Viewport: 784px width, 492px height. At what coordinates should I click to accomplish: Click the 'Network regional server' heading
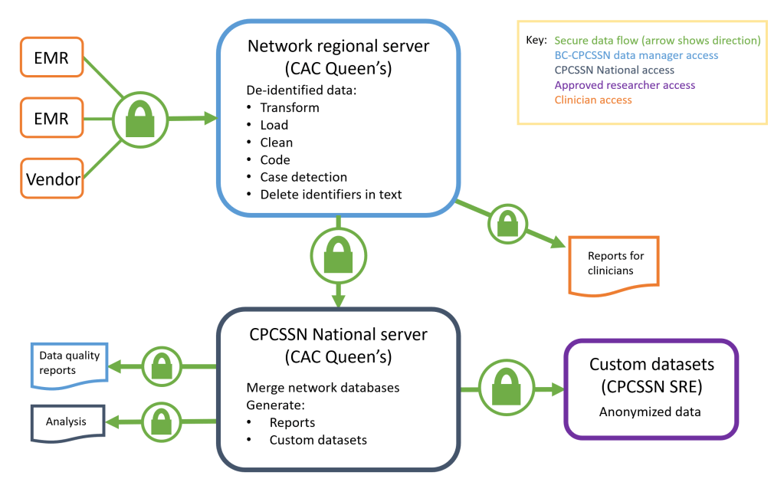click(338, 47)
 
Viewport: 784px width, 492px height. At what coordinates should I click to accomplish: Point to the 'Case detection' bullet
click(303, 177)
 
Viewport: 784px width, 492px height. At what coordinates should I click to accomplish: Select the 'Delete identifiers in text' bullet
click(330, 195)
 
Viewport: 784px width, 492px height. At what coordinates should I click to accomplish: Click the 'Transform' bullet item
click(290, 107)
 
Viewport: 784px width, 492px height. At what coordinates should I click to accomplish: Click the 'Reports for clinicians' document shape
click(615, 264)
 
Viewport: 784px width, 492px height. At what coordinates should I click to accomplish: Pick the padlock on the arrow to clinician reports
click(507, 223)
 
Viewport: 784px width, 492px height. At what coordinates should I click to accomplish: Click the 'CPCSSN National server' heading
click(338, 335)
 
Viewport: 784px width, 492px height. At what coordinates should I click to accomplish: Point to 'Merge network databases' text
click(323, 387)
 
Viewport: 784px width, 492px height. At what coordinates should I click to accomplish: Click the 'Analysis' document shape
click(67, 422)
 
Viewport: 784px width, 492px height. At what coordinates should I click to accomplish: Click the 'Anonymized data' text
click(650, 412)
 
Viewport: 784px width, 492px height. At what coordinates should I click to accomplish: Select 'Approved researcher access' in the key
click(625, 85)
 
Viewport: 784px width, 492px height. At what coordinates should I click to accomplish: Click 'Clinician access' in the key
click(593, 100)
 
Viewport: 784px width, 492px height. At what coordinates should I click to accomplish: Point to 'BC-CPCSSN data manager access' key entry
click(636, 55)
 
